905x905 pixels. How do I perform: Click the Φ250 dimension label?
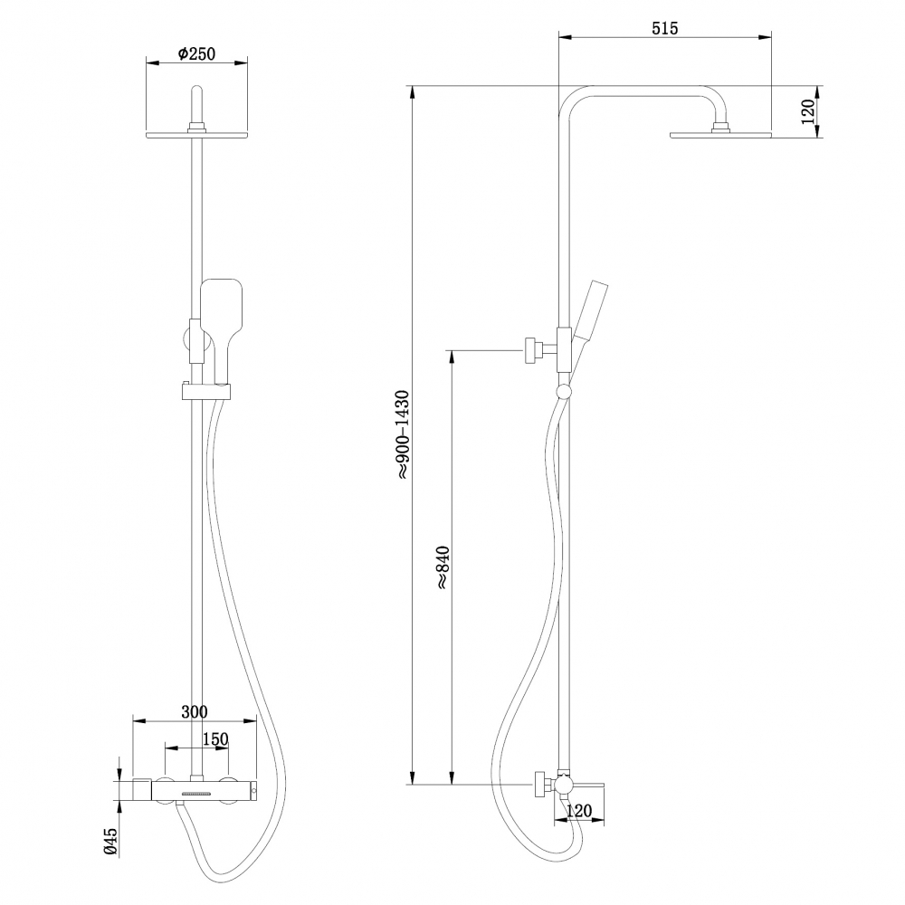point(196,54)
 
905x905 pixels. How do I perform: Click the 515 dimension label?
point(664,28)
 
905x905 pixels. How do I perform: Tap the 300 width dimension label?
point(195,711)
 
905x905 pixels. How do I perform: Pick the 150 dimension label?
point(214,739)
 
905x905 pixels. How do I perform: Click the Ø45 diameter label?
point(110,842)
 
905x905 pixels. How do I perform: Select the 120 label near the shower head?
point(808,111)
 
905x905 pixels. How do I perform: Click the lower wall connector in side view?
point(543,784)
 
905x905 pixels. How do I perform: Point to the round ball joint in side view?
point(565,391)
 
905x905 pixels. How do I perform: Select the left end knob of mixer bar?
point(142,789)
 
